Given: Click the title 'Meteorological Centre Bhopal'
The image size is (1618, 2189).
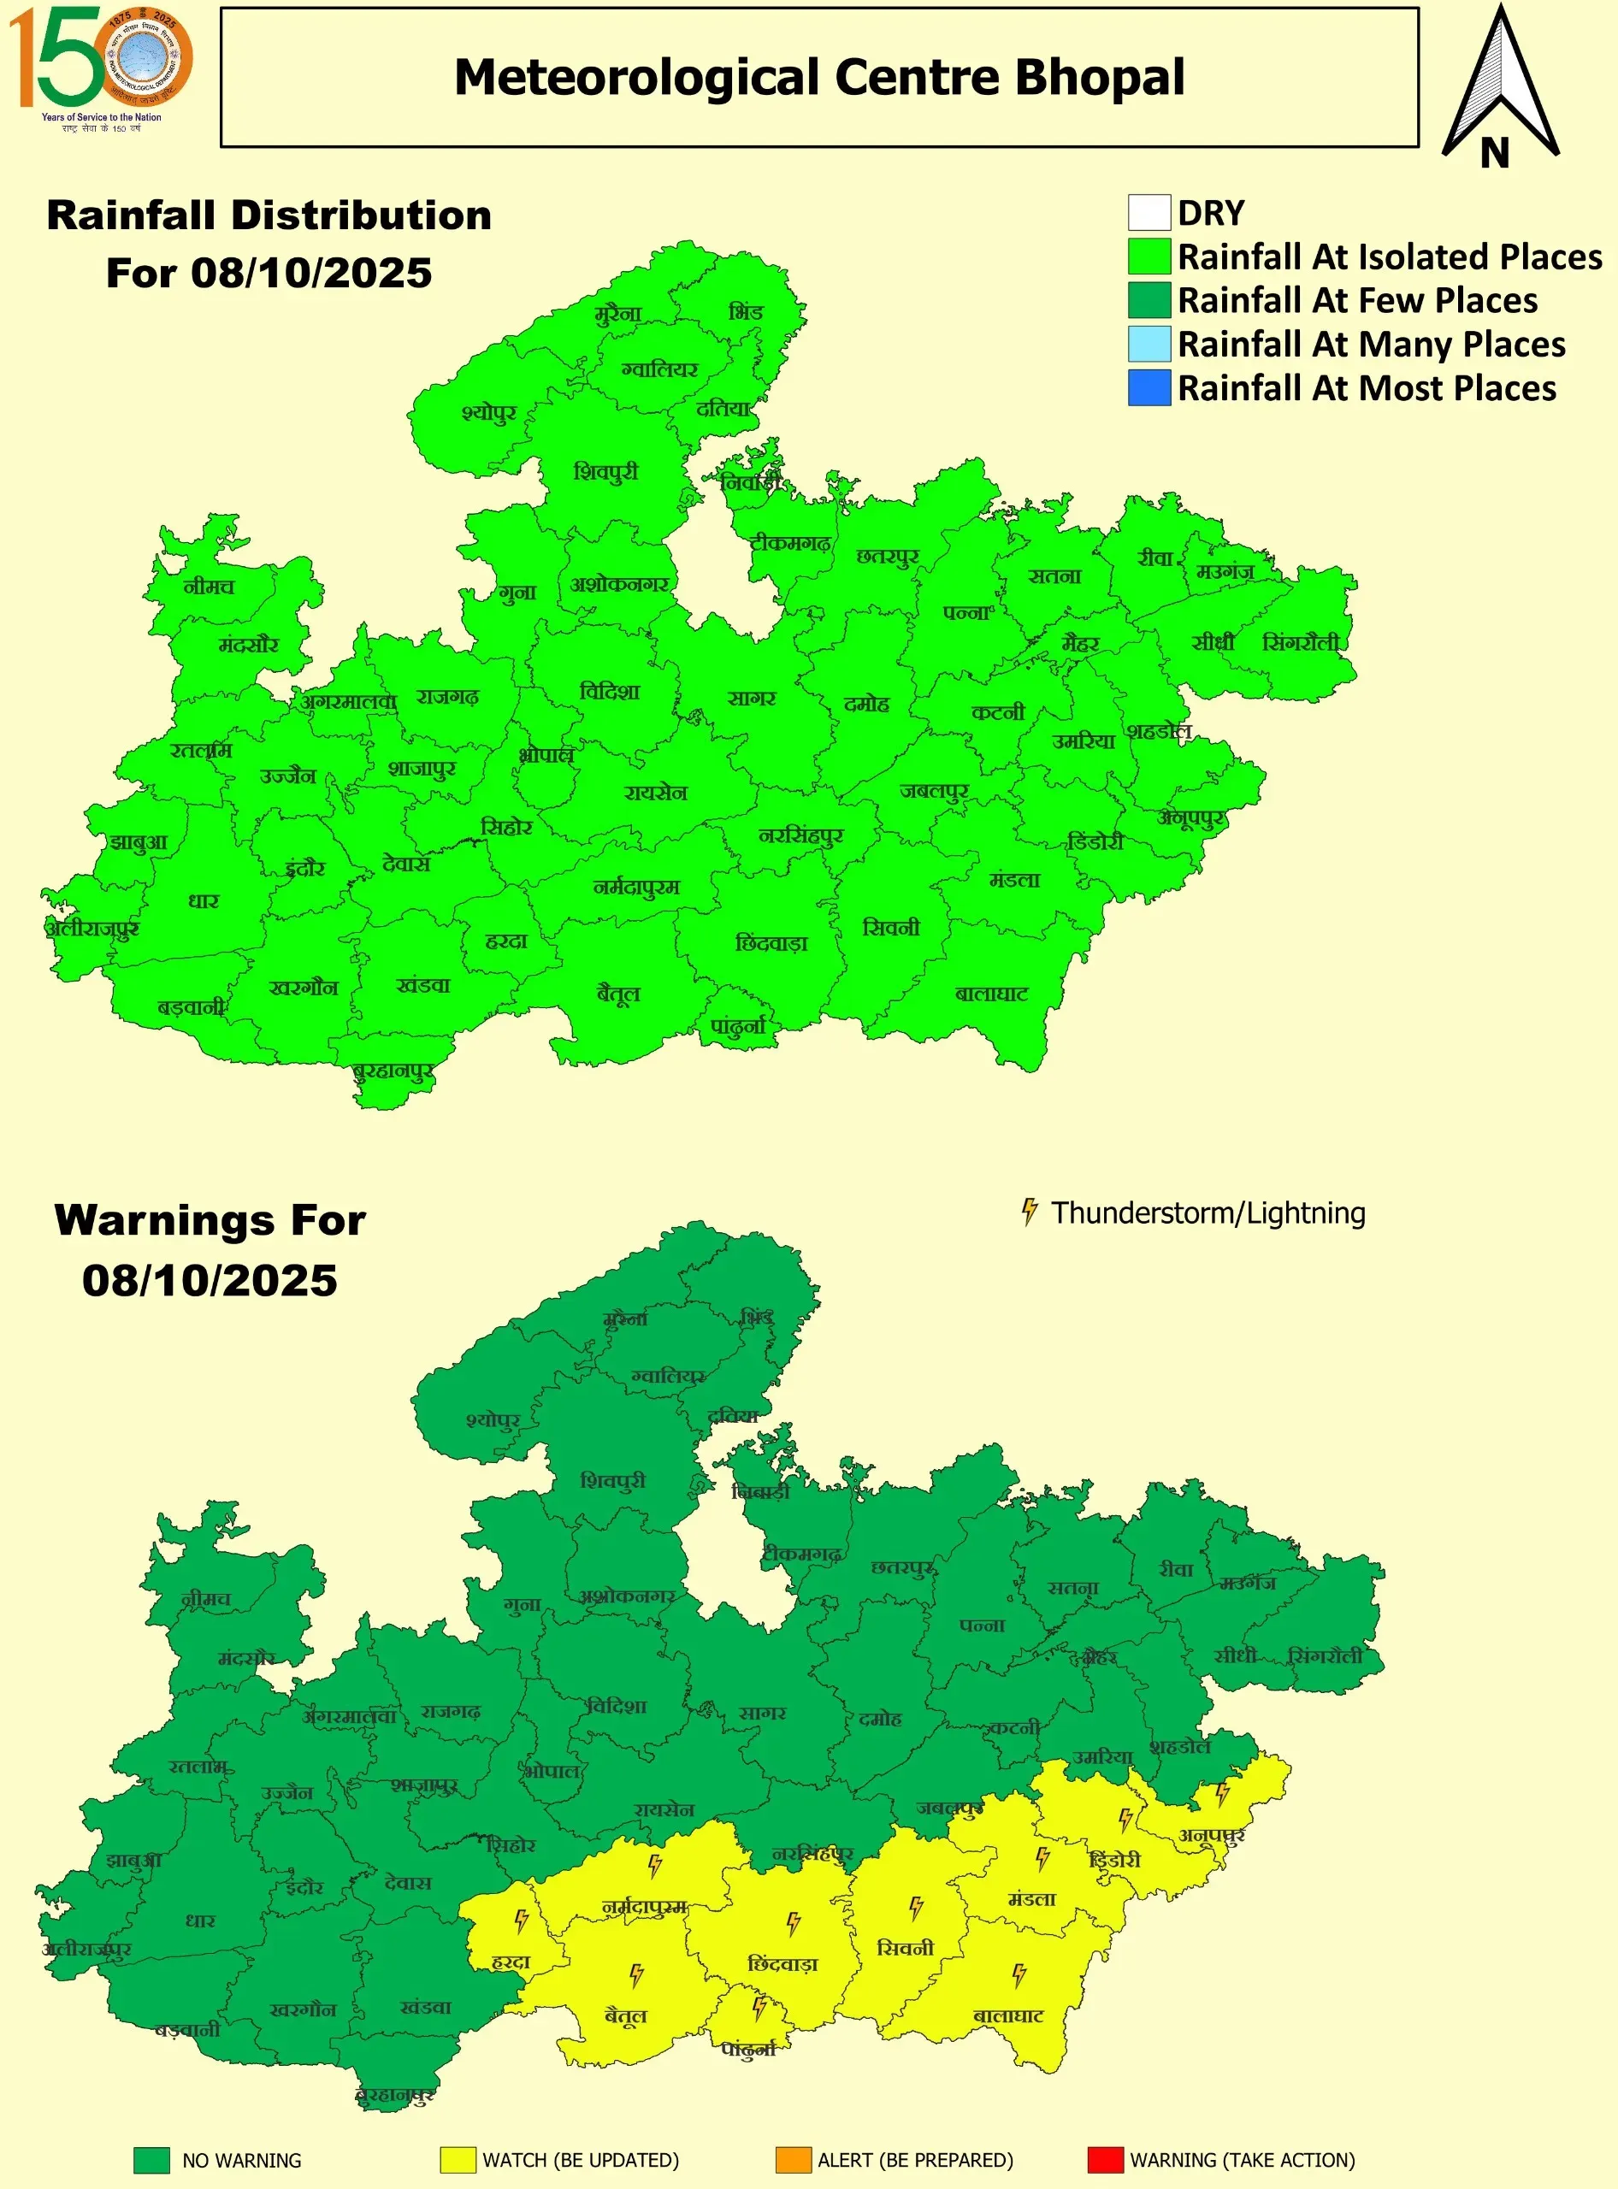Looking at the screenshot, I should [818, 77].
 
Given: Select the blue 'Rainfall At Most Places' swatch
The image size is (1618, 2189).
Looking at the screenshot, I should [1149, 388].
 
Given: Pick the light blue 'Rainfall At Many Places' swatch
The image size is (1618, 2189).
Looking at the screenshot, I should [1149, 344].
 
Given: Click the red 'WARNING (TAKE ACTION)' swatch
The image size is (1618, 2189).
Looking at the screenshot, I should [1105, 2160].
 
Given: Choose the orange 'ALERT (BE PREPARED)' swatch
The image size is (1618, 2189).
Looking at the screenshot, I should [794, 2160].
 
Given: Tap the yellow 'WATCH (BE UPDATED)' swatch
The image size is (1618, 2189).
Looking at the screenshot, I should [458, 2160].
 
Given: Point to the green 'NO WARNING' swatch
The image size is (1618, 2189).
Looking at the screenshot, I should [152, 2160].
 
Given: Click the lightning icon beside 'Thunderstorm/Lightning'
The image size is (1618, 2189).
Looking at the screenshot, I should [1029, 1212].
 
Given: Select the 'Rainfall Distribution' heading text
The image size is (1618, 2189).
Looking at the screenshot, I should [269, 215].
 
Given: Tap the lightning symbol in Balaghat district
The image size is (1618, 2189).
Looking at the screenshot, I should [1019, 1974].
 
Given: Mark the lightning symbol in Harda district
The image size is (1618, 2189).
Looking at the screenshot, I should [521, 1921].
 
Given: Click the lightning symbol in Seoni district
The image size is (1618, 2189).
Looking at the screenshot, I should [916, 1907].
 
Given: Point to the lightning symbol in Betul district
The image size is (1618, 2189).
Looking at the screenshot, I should [636, 1974].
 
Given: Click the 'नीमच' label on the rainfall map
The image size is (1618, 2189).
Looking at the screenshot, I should [209, 587].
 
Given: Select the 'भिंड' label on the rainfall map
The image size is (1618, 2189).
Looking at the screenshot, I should [746, 312].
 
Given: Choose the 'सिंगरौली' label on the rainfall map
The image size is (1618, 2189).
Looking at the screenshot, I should [1301, 642].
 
